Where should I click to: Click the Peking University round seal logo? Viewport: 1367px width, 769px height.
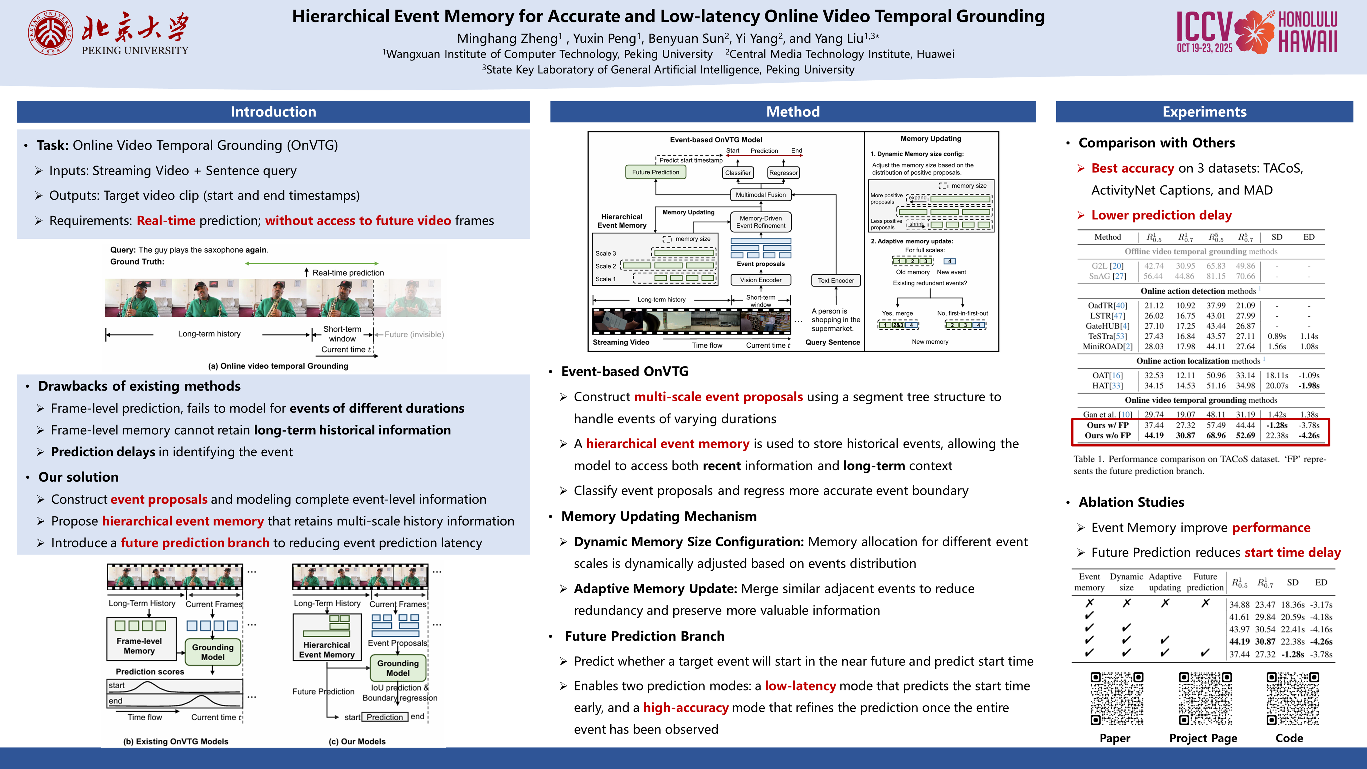click(51, 33)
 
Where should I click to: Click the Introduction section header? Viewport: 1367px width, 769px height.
click(273, 111)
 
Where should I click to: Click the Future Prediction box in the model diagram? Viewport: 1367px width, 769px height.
click(655, 172)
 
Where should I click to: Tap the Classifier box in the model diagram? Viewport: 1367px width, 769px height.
click(738, 172)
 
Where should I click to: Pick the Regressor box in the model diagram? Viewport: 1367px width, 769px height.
click(783, 172)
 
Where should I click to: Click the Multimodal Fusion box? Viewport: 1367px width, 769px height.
click(760, 195)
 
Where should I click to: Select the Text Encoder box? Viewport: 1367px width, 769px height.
click(836, 280)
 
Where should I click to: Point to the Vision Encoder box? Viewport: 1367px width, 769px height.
click(760, 280)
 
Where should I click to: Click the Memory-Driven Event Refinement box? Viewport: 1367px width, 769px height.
click(760, 222)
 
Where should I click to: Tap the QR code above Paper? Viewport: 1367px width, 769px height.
click(1117, 699)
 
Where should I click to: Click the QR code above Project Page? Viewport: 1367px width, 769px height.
click(1205, 699)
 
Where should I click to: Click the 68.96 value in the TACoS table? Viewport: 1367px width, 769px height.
click(1216, 435)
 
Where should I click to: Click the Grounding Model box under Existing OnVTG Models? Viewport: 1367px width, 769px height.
click(213, 652)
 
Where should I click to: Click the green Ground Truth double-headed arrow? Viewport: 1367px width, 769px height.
click(312, 263)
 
